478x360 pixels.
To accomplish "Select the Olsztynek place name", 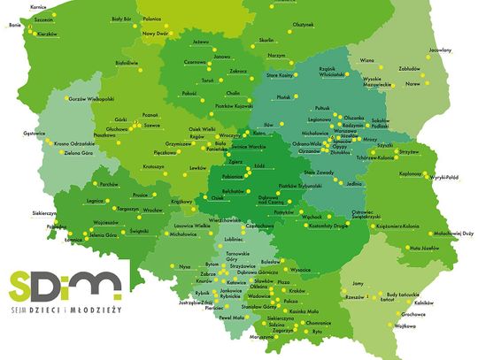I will [x=304, y=26].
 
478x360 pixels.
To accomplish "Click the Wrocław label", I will [x=153, y=211].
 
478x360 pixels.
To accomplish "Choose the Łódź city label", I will [x=258, y=164].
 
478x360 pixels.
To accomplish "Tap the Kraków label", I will [x=297, y=291].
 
